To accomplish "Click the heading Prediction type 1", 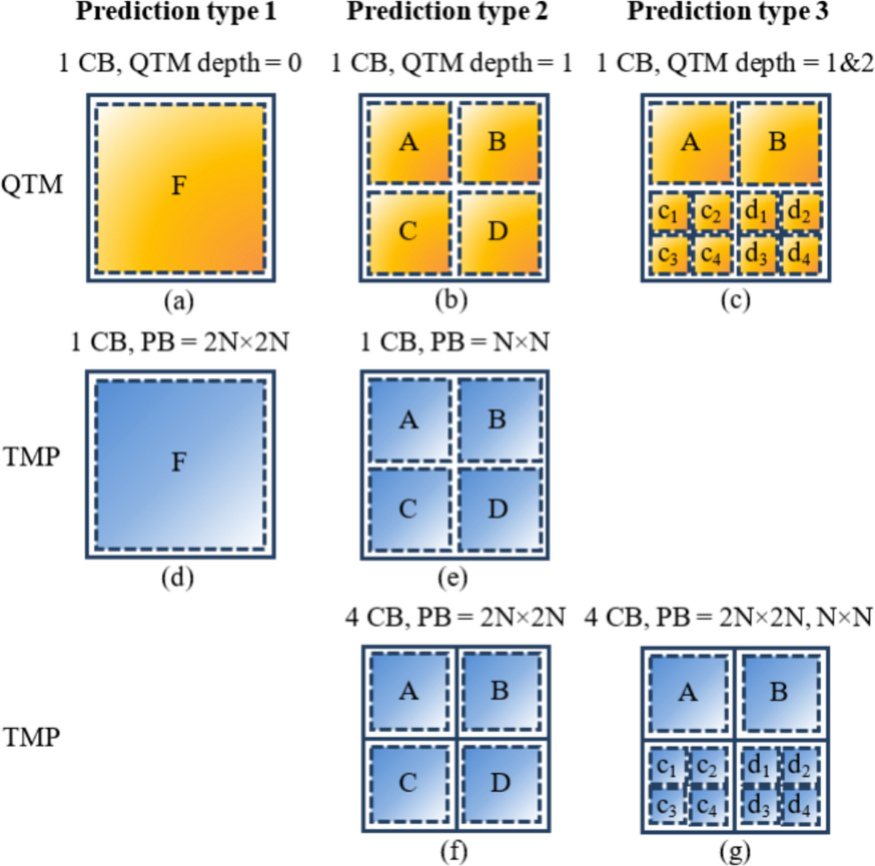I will tap(176, 12).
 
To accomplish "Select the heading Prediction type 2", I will tap(447, 12).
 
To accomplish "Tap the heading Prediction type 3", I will tap(728, 12).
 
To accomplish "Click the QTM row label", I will tap(32, 185).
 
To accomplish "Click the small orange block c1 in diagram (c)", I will tap(668, 213).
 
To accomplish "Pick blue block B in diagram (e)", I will tap(498, 420).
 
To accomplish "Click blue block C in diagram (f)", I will tap(408, 783).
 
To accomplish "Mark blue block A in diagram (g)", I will tap(688, 692).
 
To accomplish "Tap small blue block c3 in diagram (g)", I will tap(667, 807).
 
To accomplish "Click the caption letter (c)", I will tap(735, 300).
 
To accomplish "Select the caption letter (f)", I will tap(454, 851).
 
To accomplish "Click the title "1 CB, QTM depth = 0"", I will tap(180, 63).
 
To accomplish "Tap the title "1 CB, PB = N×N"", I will tap(454, 341).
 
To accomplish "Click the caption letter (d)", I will tap(178, 578).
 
